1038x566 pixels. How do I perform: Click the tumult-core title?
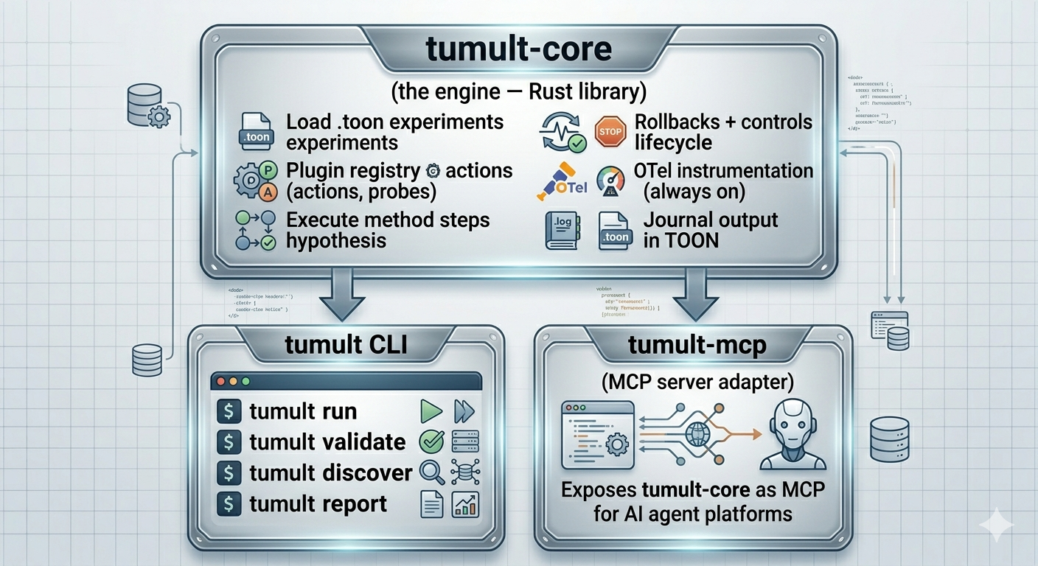[x=519, y=49]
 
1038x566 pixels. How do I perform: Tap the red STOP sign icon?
[x=609, y=132]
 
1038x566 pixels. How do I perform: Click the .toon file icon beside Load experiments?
[x=256, y=132]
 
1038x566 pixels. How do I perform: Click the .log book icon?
[x=561, y=230]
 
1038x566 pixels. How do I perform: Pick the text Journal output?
[x=710, y=220]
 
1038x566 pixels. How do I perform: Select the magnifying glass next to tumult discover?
[x=431, y=472]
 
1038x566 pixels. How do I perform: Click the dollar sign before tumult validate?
[x=230, y=442]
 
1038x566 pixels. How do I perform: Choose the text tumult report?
[x=318, y=504]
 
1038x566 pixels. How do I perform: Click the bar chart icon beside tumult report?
[x=466, y=505]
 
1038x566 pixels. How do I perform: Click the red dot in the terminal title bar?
[x=220, y=382]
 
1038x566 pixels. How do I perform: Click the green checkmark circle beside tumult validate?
[x=431, y=441]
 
